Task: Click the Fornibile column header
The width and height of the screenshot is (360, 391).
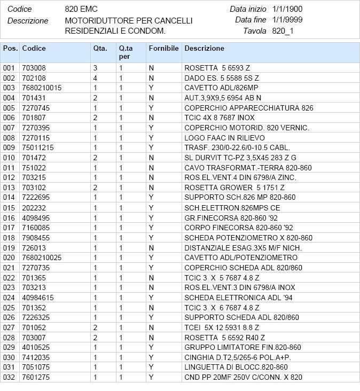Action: tap(163, 49)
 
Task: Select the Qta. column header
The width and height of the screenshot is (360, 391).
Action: tap(100, 49)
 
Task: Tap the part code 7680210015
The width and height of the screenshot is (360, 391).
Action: tap(42, 88)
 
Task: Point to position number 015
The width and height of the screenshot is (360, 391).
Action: tap(9, 208)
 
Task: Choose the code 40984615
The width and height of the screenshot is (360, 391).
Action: tap(38, 298)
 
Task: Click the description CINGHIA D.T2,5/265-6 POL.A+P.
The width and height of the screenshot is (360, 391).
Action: tap(241, 357)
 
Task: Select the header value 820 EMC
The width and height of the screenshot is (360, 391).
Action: tap(81, 9)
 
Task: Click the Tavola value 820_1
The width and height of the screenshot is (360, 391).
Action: tap(283, 31)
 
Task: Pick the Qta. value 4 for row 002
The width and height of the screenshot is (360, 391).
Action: tap(96, 78)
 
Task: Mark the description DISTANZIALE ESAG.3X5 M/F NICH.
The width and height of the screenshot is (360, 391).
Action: tap(243, 248)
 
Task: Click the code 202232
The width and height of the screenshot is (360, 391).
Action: tap(34, 208)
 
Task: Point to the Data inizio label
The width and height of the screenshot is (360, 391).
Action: tap(248, 9)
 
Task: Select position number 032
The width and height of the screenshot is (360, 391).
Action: tap(9, 377)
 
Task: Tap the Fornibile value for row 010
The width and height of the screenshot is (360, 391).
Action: tap(151, 158)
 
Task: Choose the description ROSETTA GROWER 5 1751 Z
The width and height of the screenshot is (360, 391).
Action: tap(234, 187)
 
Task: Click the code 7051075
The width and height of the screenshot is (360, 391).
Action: tap(36, 367)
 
